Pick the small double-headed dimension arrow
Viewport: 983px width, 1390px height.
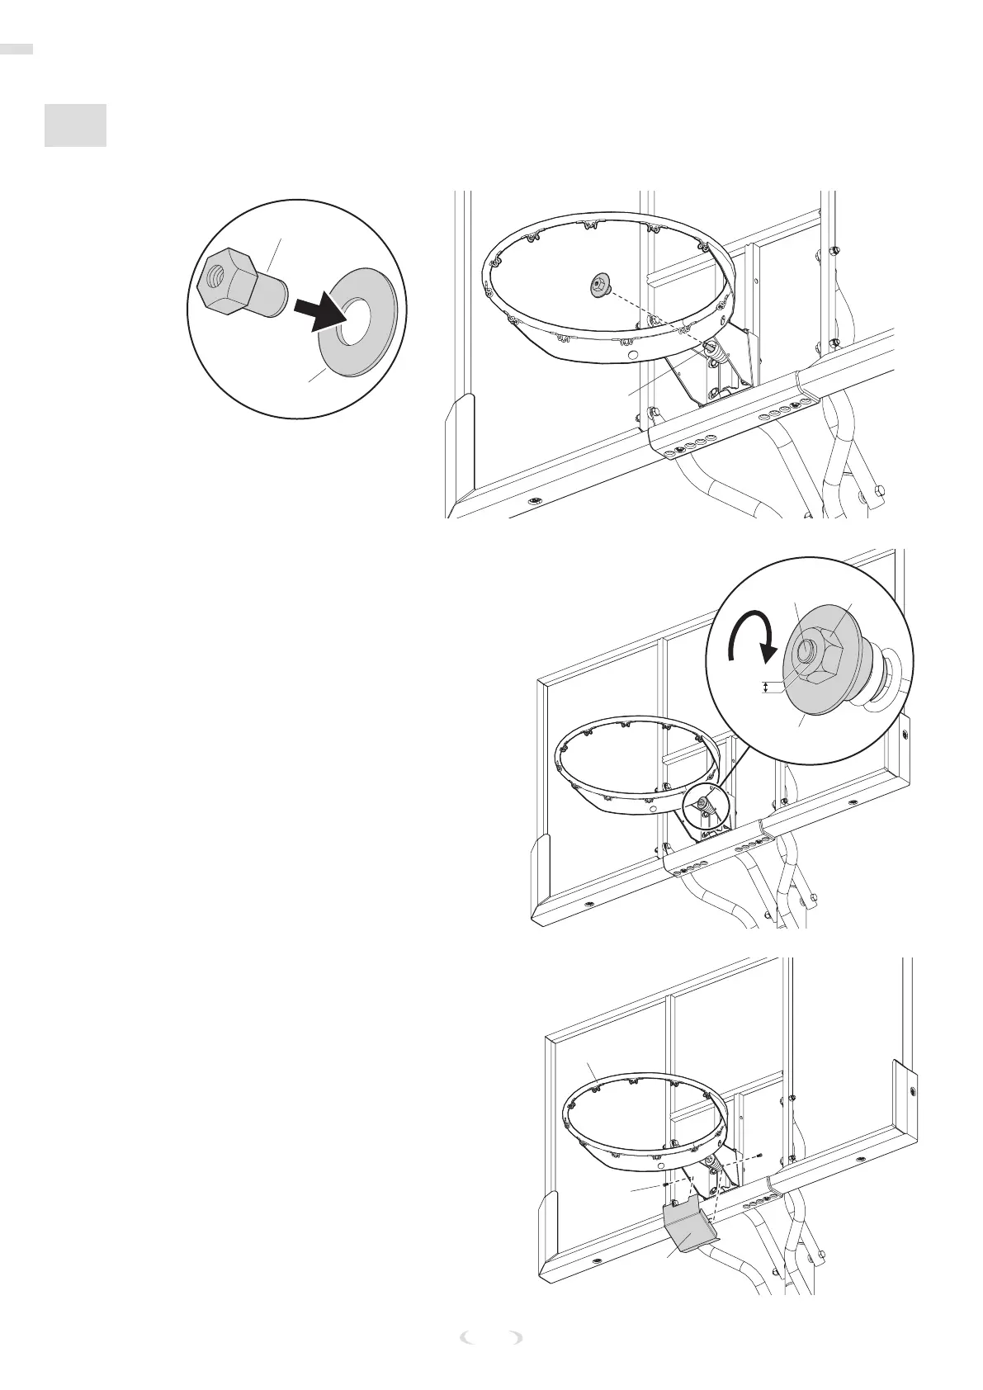tap(767, 687)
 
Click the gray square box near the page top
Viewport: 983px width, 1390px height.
tap(75, 125)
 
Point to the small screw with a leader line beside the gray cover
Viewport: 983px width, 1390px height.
tap(664, 1184)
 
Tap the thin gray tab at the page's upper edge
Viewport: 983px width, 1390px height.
tap(17, 49)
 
